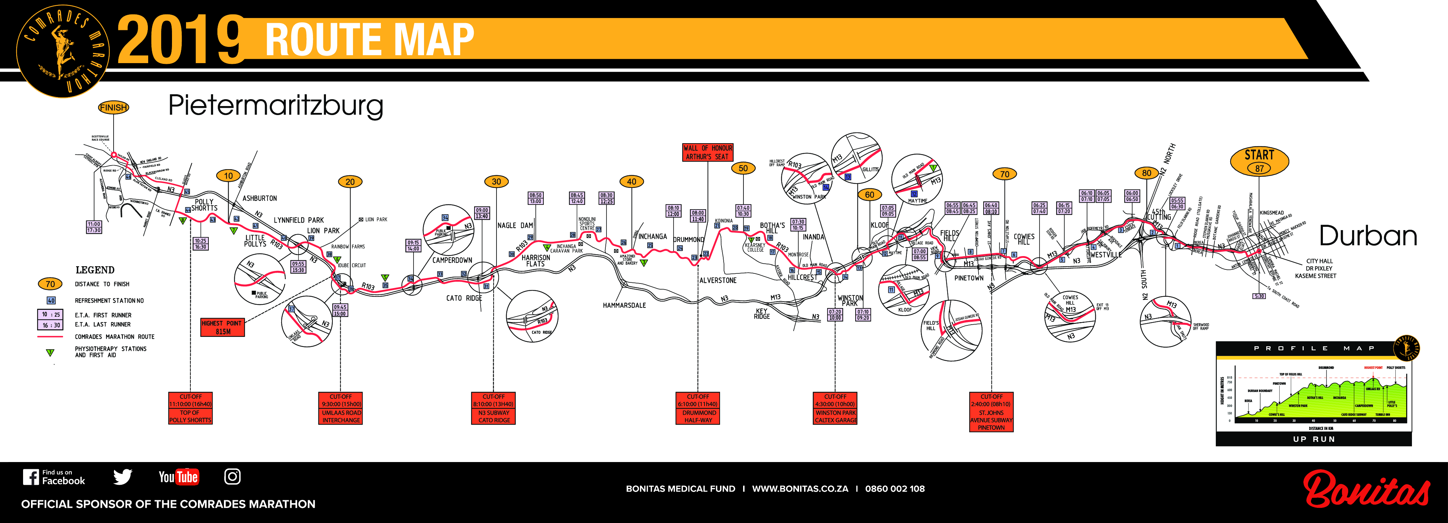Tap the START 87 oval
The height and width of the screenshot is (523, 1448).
[1259, 161]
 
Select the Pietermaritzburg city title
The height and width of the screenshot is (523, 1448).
[275, 106]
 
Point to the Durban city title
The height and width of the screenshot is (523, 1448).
[1368, 236]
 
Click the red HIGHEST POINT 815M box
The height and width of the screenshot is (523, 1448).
[222, 327]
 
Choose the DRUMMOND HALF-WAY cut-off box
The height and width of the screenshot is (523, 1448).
[698, 408]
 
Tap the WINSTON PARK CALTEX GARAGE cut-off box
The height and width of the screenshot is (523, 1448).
[835, 408]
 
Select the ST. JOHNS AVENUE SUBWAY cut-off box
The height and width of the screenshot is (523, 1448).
[991, 412]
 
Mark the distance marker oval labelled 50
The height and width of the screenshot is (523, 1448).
[743, 168]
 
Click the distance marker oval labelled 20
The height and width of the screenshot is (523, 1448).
[350, 182]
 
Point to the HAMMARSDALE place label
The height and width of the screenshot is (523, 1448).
[624, 306]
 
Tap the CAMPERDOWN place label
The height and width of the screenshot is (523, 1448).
[452, 260]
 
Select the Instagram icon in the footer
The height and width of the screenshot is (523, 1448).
[232, 477]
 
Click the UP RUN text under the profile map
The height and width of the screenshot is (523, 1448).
[1313, 439]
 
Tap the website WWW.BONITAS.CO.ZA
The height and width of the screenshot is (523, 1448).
[800, 489]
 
